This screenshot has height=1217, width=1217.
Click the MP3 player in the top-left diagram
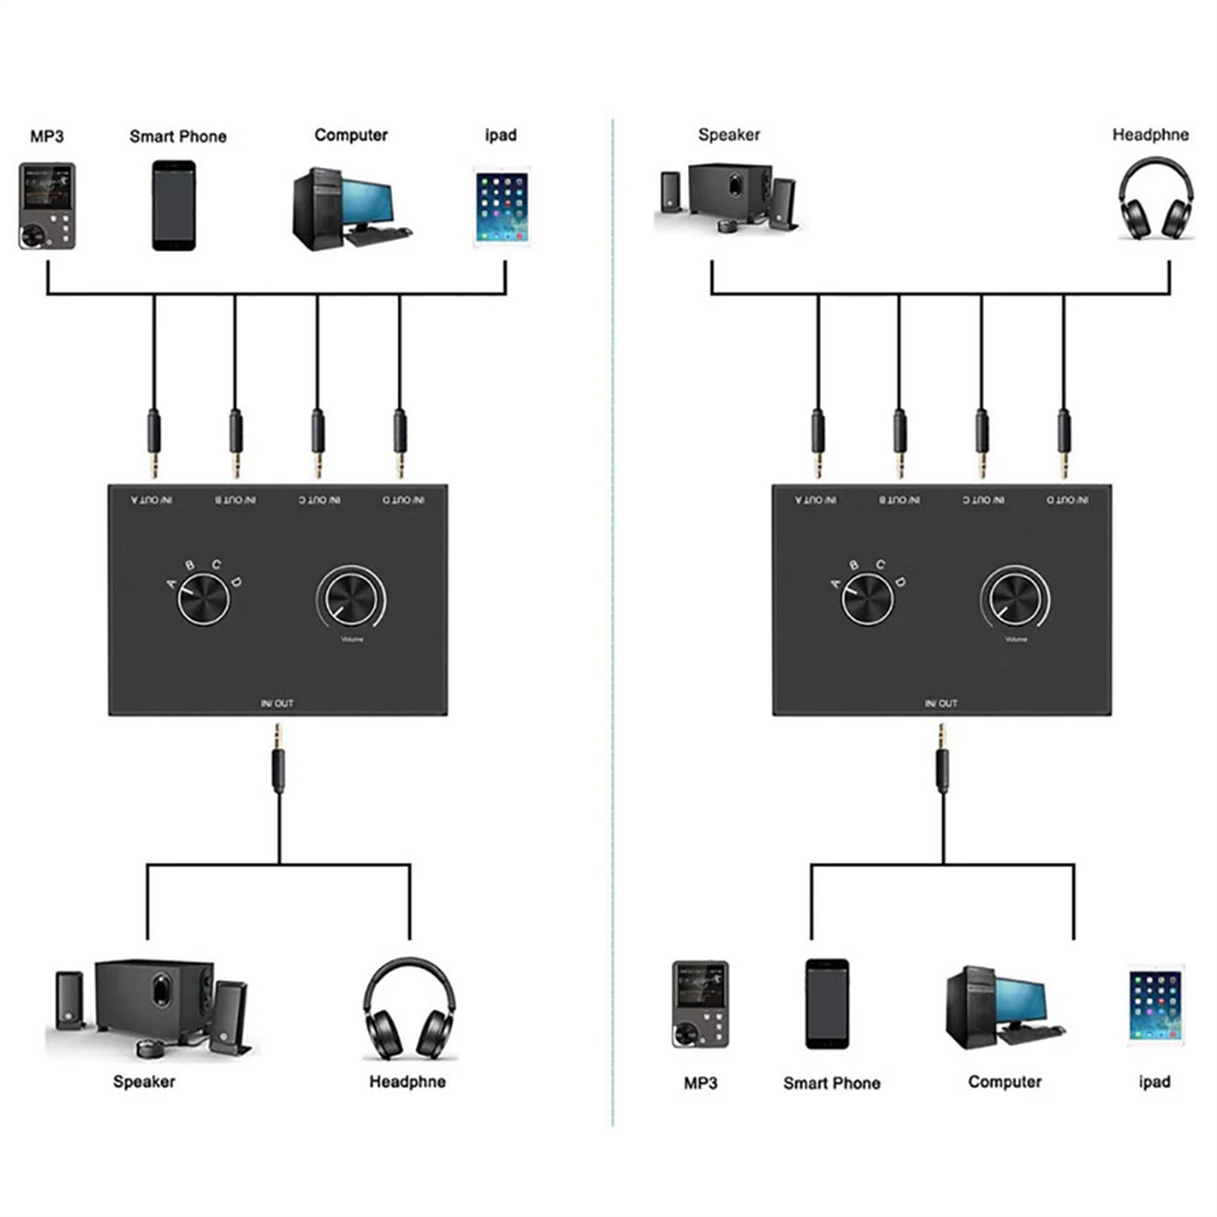[47, 206]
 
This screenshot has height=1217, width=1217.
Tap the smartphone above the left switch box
[173, 205]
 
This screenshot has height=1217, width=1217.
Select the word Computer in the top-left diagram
[351, 135]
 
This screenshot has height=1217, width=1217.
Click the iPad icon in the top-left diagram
[501, 207]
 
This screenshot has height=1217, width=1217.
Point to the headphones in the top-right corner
[1155, 199]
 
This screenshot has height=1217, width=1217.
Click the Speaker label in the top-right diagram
[729, 135]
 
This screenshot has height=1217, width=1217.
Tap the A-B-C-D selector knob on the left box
[203, 599]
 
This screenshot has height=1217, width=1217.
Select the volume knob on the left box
[351, 597]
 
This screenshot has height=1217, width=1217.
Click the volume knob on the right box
[1015, 597]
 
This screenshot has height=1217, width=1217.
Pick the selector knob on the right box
[867, 599]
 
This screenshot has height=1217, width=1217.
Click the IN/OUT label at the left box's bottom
[277, 704]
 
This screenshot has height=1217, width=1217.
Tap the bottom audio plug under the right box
[942, 761]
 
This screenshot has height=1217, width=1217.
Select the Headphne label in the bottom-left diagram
[407, 1082]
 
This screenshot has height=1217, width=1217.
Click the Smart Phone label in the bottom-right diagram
[831, 1083]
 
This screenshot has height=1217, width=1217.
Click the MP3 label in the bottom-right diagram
[700, 1083]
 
